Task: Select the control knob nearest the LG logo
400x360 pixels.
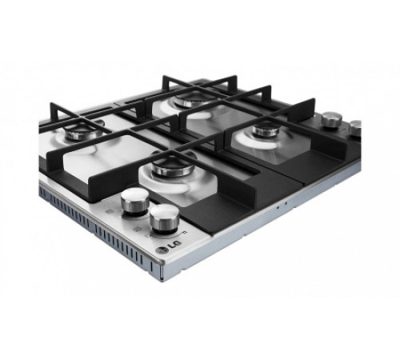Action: click(164, 219)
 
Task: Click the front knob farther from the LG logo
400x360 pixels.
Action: click(135, 202)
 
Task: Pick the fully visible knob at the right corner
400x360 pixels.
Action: click(332, 120)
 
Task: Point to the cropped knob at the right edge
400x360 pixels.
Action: click(355, 128)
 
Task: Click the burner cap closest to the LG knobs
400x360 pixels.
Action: click(173, 166)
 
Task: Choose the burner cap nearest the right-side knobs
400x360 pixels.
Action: click(266, 130)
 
